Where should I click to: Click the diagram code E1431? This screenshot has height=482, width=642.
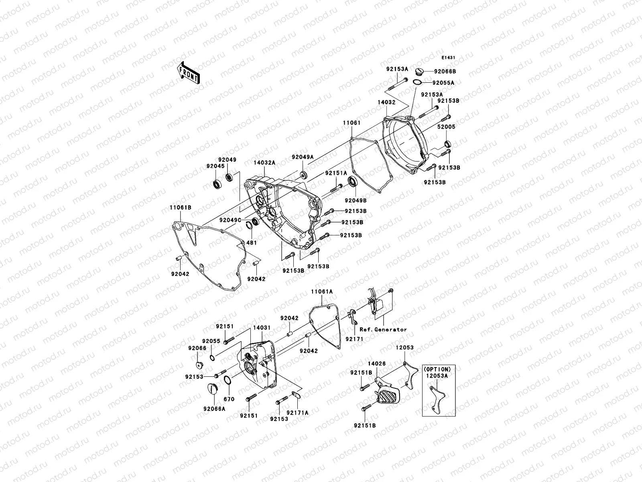(449, 58)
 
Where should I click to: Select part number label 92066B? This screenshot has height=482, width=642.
(445, 71)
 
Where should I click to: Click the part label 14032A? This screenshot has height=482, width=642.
(264, 163)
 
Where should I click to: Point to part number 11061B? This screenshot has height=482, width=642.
(180, 208)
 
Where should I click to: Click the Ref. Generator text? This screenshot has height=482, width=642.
(383, 329)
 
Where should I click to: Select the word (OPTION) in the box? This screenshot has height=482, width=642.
(438, 369)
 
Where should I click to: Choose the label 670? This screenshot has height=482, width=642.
(229, 399)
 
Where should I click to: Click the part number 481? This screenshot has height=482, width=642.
(251, 243)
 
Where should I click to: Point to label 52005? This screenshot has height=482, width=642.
(447, 127)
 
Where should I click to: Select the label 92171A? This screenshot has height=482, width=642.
(298, 413)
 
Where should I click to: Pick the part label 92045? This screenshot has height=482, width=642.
(216, 166)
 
